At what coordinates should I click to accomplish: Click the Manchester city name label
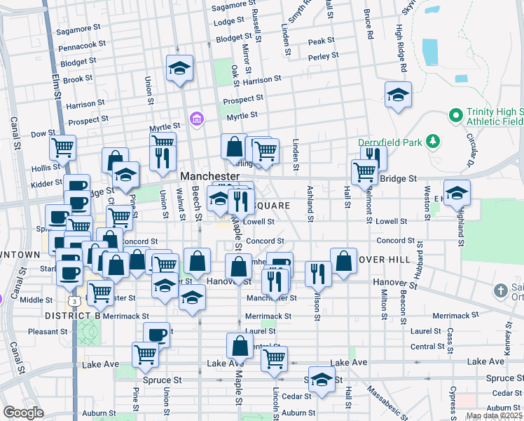pyautogui.click(x=210, y=175)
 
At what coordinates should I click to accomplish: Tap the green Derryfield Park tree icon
pyautogui.click(x=433, y=142)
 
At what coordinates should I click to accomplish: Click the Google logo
pyautogui.click(x=23, y=413)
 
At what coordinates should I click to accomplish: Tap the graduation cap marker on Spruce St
pyautogui.click(x=322, y=379)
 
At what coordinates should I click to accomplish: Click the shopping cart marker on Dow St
pyautogui.click(x=62, y=148)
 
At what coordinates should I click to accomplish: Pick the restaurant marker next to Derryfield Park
pyautogui.click(x=373, y=157)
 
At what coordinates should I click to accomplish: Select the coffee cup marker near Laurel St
pyautogui.click(x=156, y=334)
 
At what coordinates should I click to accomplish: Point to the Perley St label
pyautogui.click(x=323, y=55)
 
